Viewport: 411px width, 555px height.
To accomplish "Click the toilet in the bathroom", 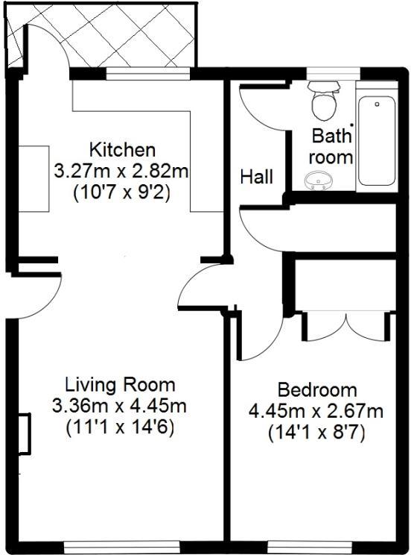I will tap(324, 103).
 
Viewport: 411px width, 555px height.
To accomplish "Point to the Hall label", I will tap(256, 178).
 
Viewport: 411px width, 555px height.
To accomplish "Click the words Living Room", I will tap(121, 386).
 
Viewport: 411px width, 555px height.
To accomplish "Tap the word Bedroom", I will tap(317, 390).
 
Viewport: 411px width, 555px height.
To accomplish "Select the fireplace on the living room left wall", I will tap(25, 433).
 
